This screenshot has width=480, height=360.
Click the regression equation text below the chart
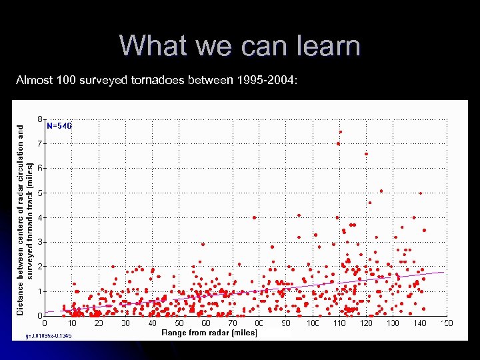(x=49, y=335)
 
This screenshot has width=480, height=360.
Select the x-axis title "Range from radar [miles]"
(x=209, y=332)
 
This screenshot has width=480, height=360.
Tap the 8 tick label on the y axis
(x=40, y=119)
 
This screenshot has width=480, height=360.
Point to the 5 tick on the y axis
(x=40, y=193)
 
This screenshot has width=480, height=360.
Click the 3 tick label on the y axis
(x=40, y=242)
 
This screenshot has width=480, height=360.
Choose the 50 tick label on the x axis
(x=179, y=323)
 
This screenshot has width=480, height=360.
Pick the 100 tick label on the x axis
(x=313, y=323)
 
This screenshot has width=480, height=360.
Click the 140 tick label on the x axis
(x=420, y=323)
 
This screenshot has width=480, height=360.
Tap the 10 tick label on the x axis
(x=72, y=323)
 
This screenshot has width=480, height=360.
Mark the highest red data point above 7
(x=340, y=132)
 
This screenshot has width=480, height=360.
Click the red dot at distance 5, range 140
(x=421, y=193)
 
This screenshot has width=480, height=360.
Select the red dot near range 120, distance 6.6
(x=366, y=154)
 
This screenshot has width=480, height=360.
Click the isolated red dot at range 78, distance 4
(x=254, y=217)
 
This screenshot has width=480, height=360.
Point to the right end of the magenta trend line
(x=443, y=272)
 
